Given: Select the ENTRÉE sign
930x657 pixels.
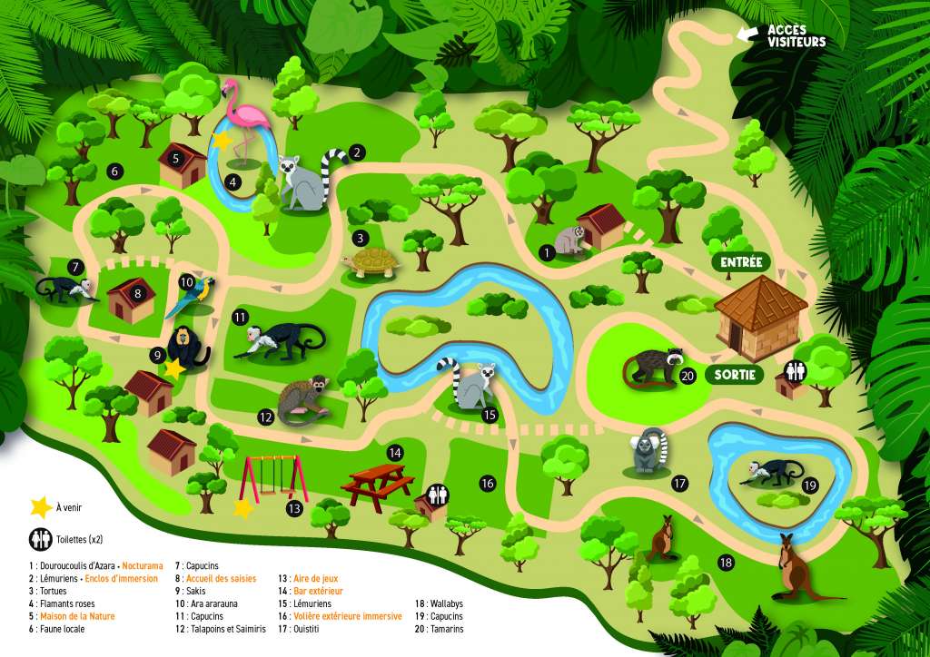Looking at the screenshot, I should (x=741, y=262).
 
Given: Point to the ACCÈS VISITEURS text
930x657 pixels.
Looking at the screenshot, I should (x=796, y=35).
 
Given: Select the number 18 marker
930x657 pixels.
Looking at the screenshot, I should (x=725, y=563).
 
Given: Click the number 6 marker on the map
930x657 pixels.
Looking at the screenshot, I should (x=114, y=170).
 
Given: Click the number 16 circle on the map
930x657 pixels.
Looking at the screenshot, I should (x=487, y=484).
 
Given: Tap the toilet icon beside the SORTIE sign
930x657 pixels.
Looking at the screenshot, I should (x=796, y=371).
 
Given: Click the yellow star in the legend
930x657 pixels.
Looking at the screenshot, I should (x=39, y=507).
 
